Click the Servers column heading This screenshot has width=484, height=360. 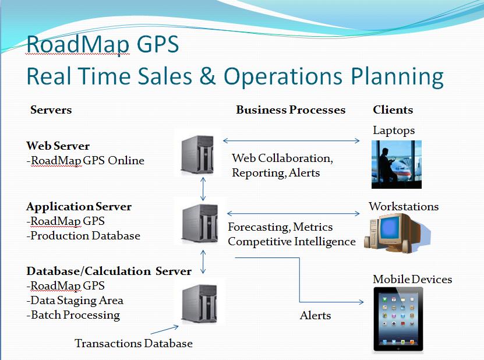coord(51,110)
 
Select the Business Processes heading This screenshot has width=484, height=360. coord(291,110)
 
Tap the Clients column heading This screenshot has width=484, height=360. coord(393,110)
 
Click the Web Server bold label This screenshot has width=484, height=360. coord(58,146)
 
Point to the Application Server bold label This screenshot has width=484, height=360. coord(79,206)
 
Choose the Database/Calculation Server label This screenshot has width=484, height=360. coord(109,271)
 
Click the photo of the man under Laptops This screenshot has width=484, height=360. coord(396,164)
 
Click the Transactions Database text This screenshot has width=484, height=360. coord(133,344)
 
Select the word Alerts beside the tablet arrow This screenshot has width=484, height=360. coord(315,316)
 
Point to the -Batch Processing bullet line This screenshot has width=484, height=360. coord(73,315)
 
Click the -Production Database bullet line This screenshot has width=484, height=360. coord(83,236)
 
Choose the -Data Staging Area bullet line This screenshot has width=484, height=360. coord(75,301)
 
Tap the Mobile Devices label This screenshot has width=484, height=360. coord(412,280)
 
